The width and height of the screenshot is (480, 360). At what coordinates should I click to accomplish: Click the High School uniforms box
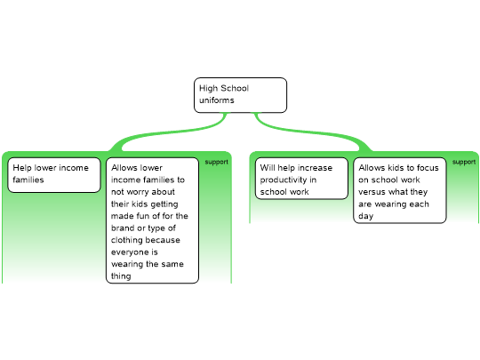[240, 95]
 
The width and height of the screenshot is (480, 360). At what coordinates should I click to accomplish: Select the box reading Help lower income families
[54, 175]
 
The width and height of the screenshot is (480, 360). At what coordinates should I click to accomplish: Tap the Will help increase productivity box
[301, 179]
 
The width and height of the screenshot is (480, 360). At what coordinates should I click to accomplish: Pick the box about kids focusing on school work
[400, 190]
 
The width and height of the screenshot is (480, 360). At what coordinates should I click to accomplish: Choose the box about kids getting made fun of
[153, 220]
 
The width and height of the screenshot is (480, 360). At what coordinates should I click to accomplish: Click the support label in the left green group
[216, 162]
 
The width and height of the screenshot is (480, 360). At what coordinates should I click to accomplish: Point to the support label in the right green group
[464, 162]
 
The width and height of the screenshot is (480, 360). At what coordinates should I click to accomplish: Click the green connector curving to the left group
[172, 132]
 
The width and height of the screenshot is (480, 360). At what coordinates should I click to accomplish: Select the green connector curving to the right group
[312, 132]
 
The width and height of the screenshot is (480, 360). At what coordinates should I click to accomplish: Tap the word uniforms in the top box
[217, 100]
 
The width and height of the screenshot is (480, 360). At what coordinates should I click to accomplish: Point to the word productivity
[284, 180]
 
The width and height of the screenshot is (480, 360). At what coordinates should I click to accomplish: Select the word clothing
[126, 240]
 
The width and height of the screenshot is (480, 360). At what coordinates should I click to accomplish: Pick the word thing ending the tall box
[121, 276]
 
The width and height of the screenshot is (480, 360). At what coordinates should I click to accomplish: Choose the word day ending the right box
[366, 216]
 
